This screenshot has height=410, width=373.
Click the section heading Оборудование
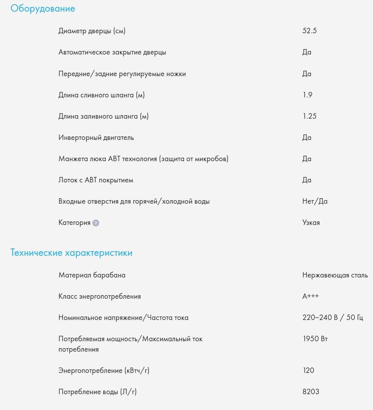(x=43, y=9)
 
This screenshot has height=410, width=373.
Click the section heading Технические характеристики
(x=71, y=253)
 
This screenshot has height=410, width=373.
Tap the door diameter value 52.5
(x=309, y=31)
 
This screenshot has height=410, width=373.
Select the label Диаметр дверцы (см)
(x=92, y=31)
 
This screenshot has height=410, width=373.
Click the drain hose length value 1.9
(x=307, y=95)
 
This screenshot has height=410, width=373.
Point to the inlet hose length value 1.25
(x=309, y=116)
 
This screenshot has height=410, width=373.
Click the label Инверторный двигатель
(x=96, y=138)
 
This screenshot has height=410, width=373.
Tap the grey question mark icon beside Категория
(x=96, y=223)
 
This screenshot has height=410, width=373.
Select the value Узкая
(x=311, y=223)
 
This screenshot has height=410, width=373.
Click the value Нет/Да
(x=315, y=201)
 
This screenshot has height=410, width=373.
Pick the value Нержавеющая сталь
(x=335, y=276)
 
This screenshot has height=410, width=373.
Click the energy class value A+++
(x=310, y=296)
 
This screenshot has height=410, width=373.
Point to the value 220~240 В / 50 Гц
(x=332, y=318)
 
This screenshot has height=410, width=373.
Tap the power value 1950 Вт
(x=315, y=339)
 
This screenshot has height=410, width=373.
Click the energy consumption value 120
(x=309, y=371)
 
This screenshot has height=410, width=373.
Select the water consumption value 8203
(x=311, y=392)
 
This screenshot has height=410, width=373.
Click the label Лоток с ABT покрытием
(x=96, y=180)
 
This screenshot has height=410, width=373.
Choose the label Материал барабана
(x=92, y=276)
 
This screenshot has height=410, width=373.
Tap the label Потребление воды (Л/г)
(x=98, y=392)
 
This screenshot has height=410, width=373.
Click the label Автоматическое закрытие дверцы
(x=112, y=52)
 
